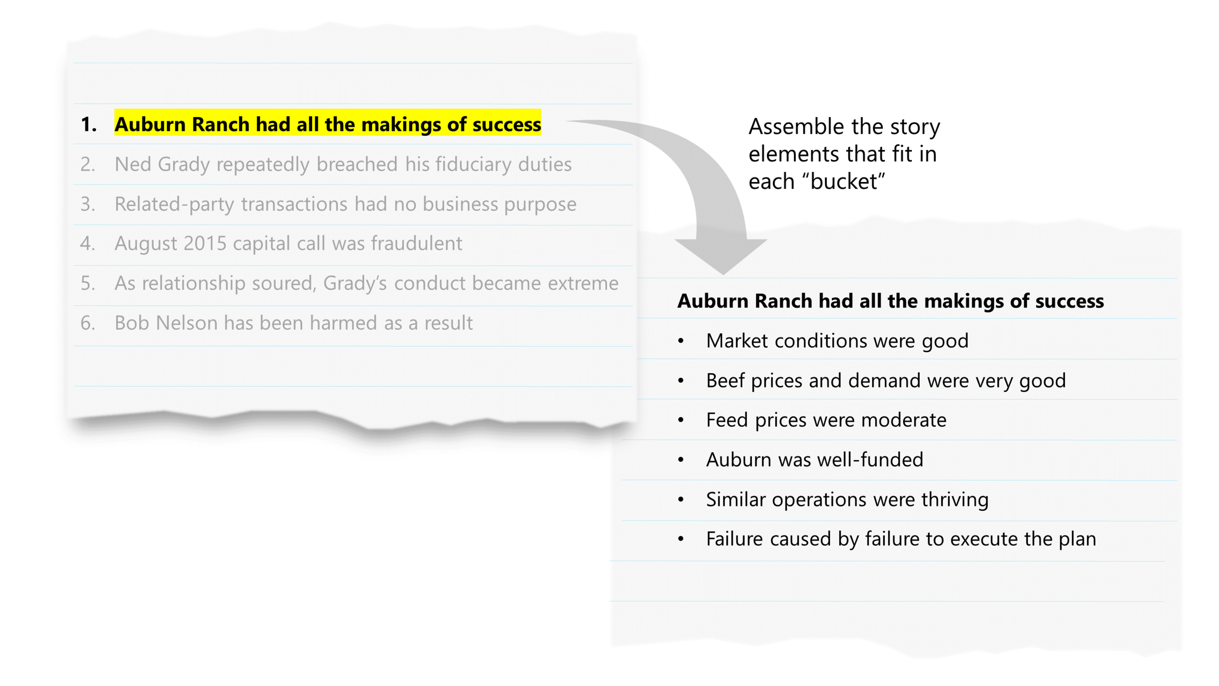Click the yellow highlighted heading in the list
(x=328, y=124)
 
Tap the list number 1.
(x=88, y=124)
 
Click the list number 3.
(x=88, y=204)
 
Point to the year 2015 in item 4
(x=205, y=243)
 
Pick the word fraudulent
(x=416, y=243)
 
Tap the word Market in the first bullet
(x=737, y=341)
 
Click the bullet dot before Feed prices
(x=681, y=420)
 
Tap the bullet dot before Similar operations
(x=681, y=500)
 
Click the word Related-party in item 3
(x=174, y=204)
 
